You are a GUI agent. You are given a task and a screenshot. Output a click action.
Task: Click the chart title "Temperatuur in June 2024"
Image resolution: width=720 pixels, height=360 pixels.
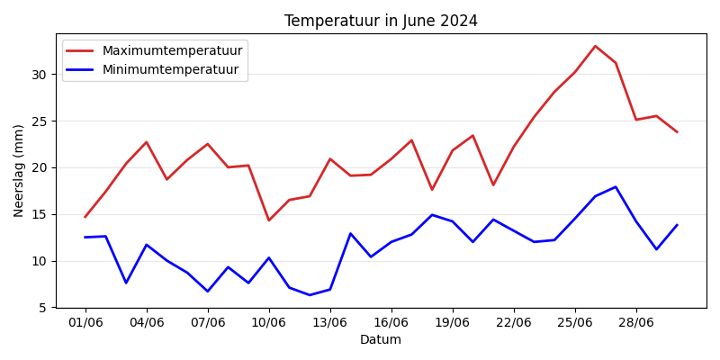coord(381,21)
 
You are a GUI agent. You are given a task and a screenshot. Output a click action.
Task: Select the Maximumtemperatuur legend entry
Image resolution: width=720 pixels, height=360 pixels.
coord(172,51)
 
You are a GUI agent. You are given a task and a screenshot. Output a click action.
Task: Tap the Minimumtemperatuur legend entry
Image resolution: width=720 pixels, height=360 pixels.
coord(170,69)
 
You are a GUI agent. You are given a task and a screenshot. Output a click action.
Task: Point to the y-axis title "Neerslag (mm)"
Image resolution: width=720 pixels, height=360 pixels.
coord(19,170)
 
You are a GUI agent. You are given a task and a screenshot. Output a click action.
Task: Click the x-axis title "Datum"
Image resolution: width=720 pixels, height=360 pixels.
coord(381,339)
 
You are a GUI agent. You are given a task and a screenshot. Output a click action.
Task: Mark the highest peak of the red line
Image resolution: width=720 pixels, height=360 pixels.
coord(595,46)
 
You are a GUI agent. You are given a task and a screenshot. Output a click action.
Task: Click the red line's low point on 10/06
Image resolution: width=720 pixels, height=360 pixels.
coord(268,220)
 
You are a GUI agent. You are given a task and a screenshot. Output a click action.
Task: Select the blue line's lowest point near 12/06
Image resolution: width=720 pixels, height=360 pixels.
coord(310,295)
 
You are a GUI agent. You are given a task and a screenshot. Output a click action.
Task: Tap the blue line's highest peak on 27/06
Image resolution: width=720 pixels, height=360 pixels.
coord(616,187)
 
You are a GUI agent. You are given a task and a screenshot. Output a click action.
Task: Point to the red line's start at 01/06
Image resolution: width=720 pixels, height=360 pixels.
coord(85,217)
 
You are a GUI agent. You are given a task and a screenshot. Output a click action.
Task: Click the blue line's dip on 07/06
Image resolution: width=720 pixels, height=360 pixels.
coord(208,292)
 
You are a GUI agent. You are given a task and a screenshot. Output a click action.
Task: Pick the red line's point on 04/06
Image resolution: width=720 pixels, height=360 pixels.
coord(147,142)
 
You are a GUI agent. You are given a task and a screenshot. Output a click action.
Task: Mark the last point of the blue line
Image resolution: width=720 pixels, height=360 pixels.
coord(677,225)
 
